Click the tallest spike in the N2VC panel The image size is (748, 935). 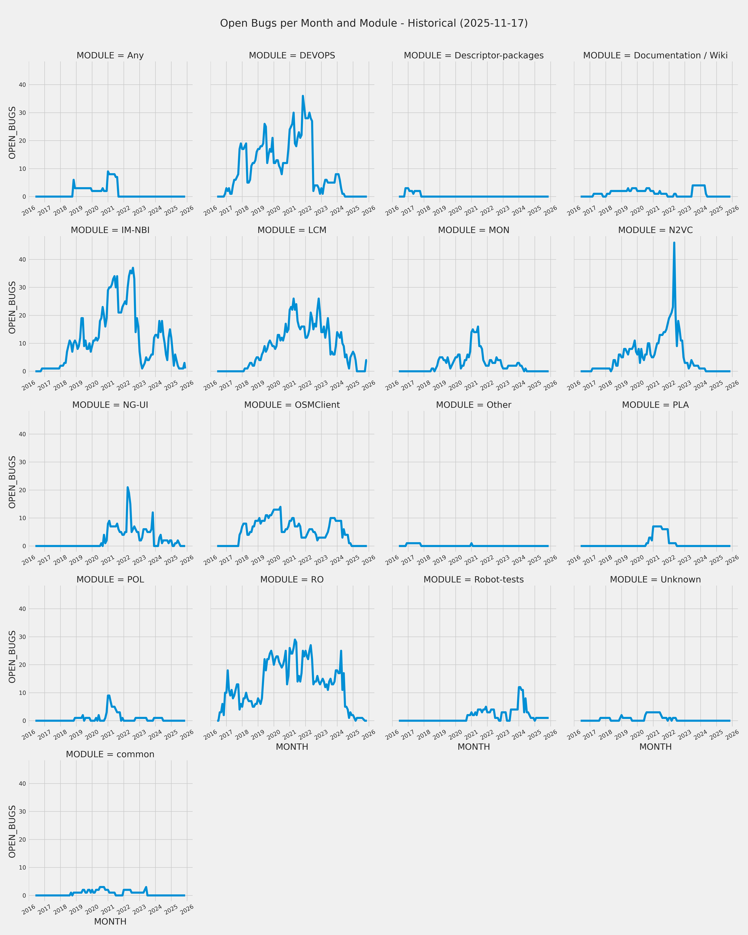point(674,243)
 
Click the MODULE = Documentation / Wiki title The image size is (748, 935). point(655,55)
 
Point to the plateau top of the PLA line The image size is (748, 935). point(657,526)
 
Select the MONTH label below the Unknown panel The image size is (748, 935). point(655,747)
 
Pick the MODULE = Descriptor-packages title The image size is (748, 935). point(473,55)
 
